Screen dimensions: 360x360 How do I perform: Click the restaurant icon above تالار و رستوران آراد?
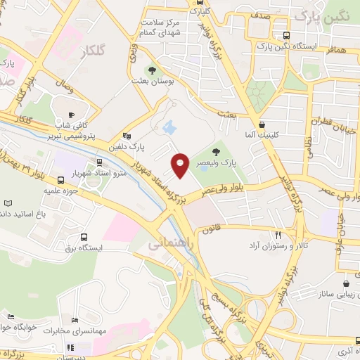click(x=278, y=235)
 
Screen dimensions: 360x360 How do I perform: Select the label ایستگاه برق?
click(x=83, y=248)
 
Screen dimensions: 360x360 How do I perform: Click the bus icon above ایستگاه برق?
click(x=84, y=238)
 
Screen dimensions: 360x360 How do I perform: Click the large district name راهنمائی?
click(x=166, y=243)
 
